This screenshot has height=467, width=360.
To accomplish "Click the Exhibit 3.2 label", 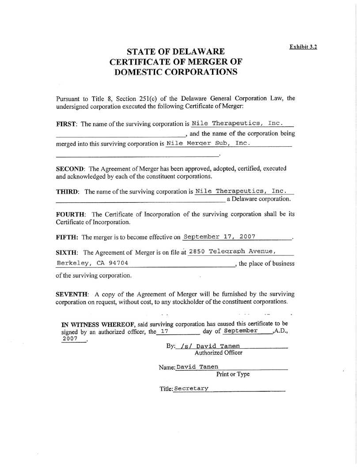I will [303, 46].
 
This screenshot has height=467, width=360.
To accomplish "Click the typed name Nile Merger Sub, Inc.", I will [208, 144].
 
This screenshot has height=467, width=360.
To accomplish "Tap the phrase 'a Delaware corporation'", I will [258, 199].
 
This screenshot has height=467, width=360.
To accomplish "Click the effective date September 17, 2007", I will [219, 237].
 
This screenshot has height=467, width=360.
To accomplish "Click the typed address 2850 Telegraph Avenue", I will [232, 252].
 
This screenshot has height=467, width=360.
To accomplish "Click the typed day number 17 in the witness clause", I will [164, 331].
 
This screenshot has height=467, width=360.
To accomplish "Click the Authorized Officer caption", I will [218, 353].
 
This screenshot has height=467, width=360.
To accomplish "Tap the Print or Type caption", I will [233, 374].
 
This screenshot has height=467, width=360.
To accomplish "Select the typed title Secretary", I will [191, 388].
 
